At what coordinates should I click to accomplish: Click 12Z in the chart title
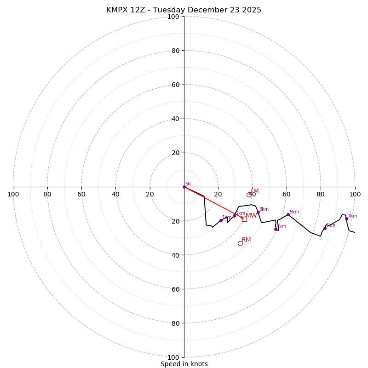140,10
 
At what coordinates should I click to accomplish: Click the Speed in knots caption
184,364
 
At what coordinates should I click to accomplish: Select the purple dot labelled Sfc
184,187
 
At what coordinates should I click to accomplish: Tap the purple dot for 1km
221,220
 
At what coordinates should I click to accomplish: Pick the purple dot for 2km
234,216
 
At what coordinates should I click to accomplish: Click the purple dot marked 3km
258,212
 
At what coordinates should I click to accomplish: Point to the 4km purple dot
276,229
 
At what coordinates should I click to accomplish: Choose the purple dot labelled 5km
288,214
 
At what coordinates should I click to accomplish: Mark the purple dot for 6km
325,228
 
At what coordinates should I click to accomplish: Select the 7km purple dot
346,218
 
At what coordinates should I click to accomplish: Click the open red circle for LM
249,195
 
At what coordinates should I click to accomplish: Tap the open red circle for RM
240,243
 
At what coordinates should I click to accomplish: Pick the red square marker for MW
244,219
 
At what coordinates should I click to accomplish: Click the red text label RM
246,240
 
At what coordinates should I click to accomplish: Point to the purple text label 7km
352,216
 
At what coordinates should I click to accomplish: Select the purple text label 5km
294,212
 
